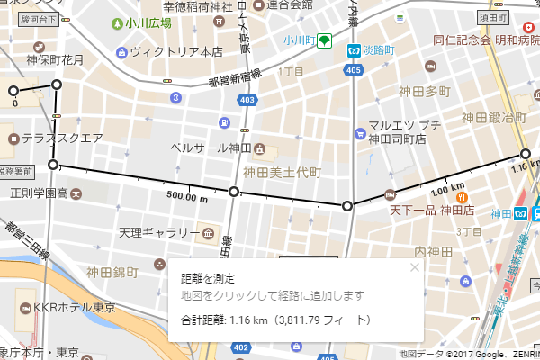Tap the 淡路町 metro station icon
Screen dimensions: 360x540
click(355, 51)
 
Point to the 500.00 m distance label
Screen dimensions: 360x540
click(187, 196)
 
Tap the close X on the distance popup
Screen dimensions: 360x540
click(415, 266)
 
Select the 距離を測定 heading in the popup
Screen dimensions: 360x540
click(208, 279)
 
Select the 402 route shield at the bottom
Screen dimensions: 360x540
click(240, 347)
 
